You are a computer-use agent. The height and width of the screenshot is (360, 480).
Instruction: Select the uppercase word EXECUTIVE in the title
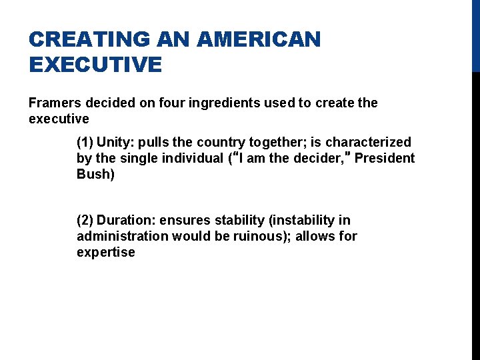click(x=95, y=65)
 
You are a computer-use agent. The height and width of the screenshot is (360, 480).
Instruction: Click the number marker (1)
click(x=85, y=142)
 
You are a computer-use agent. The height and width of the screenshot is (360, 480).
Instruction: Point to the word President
click(x=384, y=158)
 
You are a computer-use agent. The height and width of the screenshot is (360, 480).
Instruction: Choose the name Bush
click(x=94, y=174)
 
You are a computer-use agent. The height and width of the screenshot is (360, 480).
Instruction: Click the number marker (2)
click(x=85, y=220)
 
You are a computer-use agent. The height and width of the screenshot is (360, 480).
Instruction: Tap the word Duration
click(x=126, y=220)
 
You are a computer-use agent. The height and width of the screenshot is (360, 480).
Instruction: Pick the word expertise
click(x=105, y=252)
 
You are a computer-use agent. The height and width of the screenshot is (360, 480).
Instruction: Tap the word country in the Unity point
click(x=223, y=142)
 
